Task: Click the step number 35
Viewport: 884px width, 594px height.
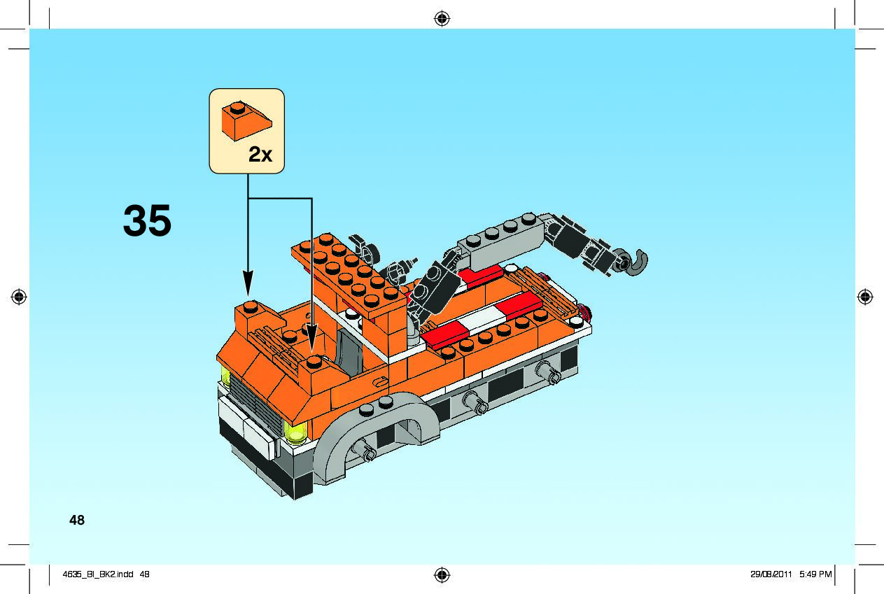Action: point(147,220)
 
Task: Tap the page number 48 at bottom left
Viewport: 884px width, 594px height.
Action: point(77,520)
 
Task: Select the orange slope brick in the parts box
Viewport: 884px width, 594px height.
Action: point(246,121)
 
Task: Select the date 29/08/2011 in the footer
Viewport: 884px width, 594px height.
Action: point(770,575)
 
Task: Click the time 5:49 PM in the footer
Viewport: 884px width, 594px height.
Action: point(816,575)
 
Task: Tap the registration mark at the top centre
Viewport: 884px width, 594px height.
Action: point(442,18)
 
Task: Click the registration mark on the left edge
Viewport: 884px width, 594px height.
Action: point(19,297)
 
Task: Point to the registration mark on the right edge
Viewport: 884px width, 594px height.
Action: point(865,297)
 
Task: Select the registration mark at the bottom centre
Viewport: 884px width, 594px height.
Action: point(442,575)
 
